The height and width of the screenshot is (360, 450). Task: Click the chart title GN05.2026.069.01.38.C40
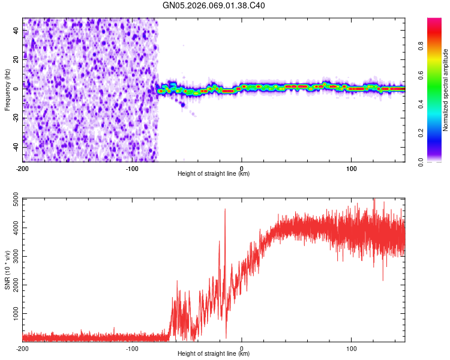click(x=214, y=5)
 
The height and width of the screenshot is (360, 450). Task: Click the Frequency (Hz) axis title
click(x=7, y=90)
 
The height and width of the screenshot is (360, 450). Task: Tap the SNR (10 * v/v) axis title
click(x=7, y=269)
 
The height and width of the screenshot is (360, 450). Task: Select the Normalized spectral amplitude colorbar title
click(x=446, y=90)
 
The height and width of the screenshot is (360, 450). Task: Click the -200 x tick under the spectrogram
click(x=23, y=168)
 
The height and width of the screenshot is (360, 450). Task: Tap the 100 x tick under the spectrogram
click(x=351, y=168)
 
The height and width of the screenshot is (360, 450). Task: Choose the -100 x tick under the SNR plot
click(x=132, y=348)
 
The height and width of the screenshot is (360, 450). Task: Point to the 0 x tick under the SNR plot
click(x=242, y=348)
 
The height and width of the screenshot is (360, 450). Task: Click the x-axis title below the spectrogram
click(x=214, y=174)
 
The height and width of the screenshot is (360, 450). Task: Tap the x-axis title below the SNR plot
click(x=214, y=354)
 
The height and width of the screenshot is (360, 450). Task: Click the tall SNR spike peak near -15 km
click(x=225, y=209)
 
